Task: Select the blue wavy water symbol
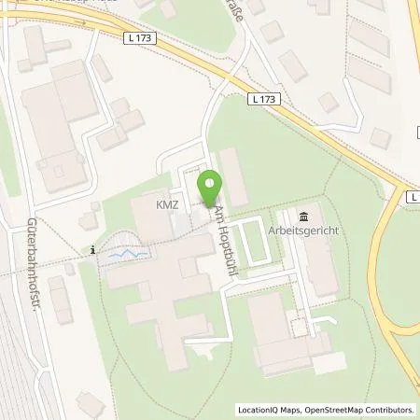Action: (x=126, y=253)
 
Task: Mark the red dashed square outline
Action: (x=300, y=328)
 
